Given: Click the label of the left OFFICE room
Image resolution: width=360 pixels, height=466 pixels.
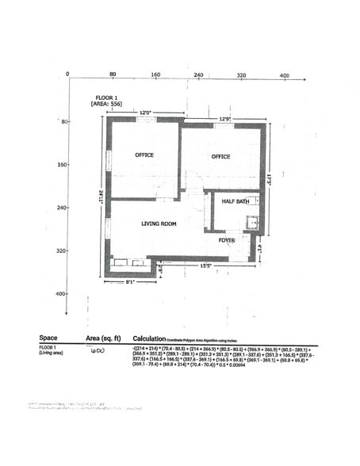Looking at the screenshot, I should pyautogui.click(x=144, y=155).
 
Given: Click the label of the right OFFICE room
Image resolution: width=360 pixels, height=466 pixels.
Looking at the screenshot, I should pyautogui.click(x=220, y=156).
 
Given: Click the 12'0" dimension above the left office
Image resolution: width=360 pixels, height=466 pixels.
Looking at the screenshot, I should pyautogui.click(x=145, y=113).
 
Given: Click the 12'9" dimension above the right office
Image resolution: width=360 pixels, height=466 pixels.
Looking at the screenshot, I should pyautogui.click(x=225, y=120).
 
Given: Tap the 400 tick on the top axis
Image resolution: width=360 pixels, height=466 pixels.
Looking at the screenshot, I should pyautogui.click(x=284, y=74).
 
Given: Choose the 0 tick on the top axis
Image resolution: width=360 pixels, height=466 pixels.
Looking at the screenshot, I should pyautogui.click(x=68, y=74).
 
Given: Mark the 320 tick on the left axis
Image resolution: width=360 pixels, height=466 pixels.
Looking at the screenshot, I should pyautogui.click(x=60, y=250).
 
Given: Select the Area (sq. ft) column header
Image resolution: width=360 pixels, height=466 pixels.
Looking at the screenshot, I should pyautogui.click(x=103, y=338).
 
